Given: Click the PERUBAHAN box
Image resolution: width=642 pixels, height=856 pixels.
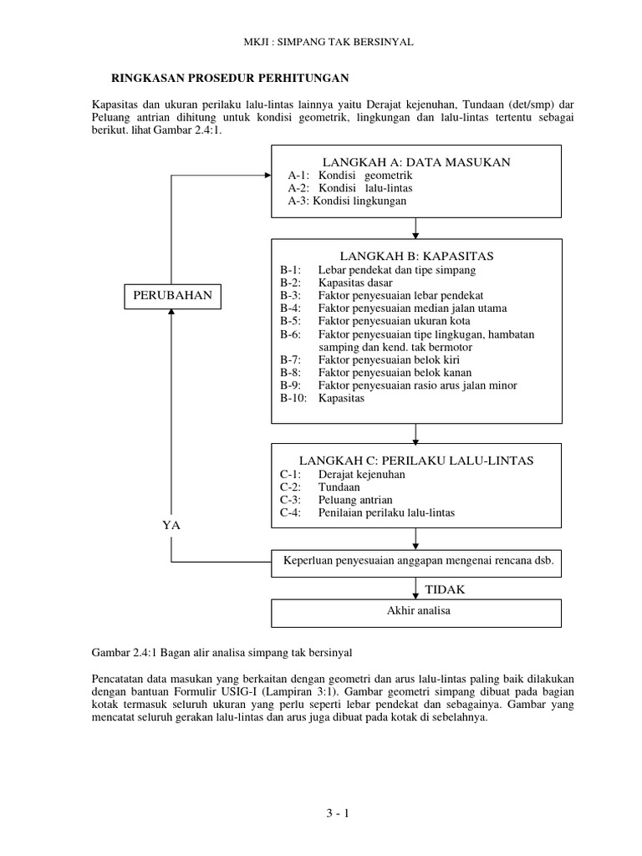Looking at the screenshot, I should coord(171,295).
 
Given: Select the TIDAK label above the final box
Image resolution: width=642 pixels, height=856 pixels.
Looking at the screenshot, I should coord(445,589).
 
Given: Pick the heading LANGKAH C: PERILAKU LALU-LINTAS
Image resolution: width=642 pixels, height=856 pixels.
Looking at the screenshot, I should coord(416,461).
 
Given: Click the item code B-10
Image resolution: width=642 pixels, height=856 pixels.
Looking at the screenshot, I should coord(294,399).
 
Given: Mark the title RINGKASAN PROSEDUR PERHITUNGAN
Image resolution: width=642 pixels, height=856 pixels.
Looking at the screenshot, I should coord(231,78).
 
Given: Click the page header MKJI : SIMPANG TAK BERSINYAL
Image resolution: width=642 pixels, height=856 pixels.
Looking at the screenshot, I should coord(322,41).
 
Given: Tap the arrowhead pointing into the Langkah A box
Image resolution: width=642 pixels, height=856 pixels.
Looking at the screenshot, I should coord(267,176).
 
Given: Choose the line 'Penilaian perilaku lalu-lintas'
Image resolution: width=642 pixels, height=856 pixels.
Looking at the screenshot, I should coord(386,512).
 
